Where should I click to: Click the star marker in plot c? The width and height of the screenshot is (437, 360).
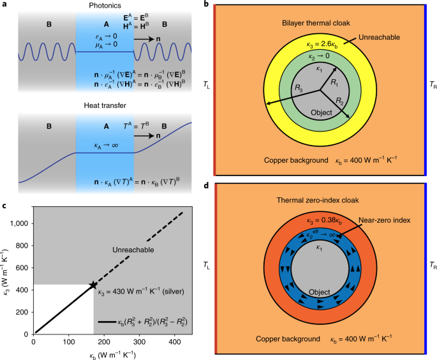pos(93,285)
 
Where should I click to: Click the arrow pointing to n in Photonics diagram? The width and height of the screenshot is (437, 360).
pos(145,57)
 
